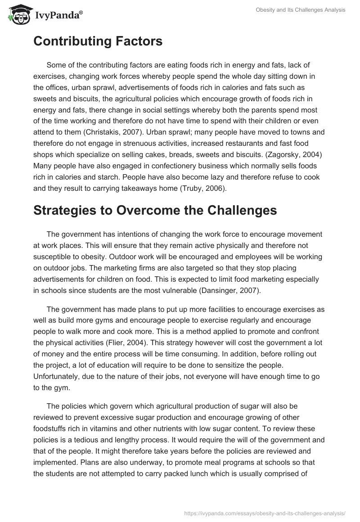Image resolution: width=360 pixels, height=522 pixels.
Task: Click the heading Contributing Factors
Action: tap(98, 42)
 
